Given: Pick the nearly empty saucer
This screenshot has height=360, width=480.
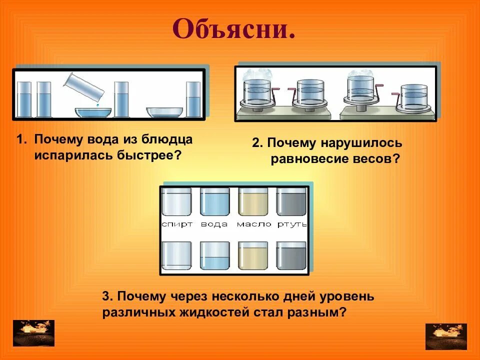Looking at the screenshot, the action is click(164, 111).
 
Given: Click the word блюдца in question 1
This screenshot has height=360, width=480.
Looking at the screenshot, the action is click(167, 139).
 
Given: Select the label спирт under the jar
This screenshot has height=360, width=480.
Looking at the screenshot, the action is click(177, 224).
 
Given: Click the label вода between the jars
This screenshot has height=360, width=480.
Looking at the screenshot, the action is click(214, 224).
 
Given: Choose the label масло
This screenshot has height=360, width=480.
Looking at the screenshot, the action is click(253, 224).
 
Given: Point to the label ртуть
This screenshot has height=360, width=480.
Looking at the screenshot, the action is click(292, 224).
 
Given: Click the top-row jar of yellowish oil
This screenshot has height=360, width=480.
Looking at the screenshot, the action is click(253, 203).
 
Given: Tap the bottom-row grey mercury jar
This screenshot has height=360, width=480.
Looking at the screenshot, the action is click(291, 256).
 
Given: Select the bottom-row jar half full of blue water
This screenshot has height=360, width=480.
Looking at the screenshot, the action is click(214, 256).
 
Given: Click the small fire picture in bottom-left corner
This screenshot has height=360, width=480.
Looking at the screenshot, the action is click(33, 333).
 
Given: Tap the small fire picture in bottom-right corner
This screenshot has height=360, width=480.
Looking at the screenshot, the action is click(446, 336).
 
